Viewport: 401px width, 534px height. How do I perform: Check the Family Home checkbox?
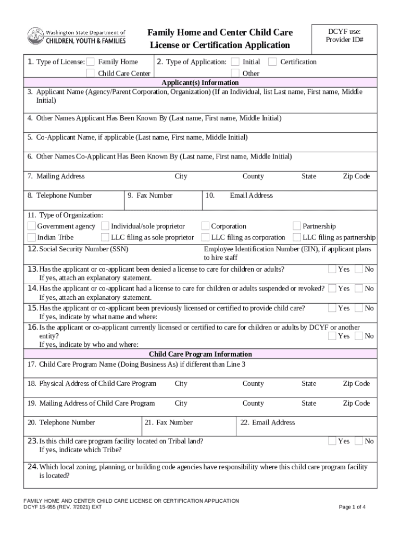tap(91, 62)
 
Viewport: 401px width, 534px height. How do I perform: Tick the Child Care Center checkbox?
tap(91, 73)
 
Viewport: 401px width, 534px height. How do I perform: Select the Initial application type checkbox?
tap(235, 62)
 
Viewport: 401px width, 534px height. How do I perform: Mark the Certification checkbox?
tap(272, 62)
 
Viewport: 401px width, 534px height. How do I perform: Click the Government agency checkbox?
tap(31, 226)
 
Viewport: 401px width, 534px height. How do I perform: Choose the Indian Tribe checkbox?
tap(31, 238)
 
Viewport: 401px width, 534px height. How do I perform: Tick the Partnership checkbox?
tap(297, 226)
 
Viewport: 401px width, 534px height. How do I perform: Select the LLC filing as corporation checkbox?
tap(205, 238)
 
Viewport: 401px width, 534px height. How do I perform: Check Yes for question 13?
tap(332, 270)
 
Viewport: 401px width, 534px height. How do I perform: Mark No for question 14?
tap(359, 288)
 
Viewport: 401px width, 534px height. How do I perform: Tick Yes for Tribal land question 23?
tap(332, 441)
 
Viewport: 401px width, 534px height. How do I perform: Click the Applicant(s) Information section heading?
tap(200, 82)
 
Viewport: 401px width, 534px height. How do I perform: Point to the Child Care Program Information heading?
tap(200, 354)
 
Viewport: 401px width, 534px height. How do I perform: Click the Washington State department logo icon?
tap(35, 37)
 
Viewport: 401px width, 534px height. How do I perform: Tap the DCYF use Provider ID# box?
tap(344, 37)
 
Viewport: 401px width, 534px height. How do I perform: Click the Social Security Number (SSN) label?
tap(83, 249)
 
